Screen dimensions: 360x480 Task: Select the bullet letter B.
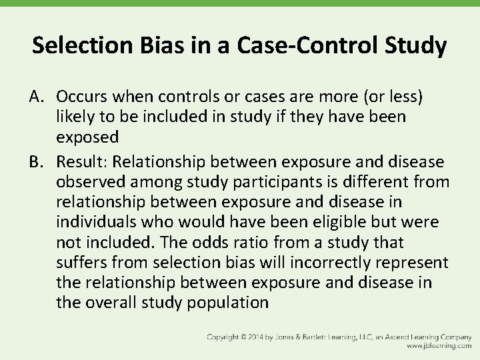click(37, 162)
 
